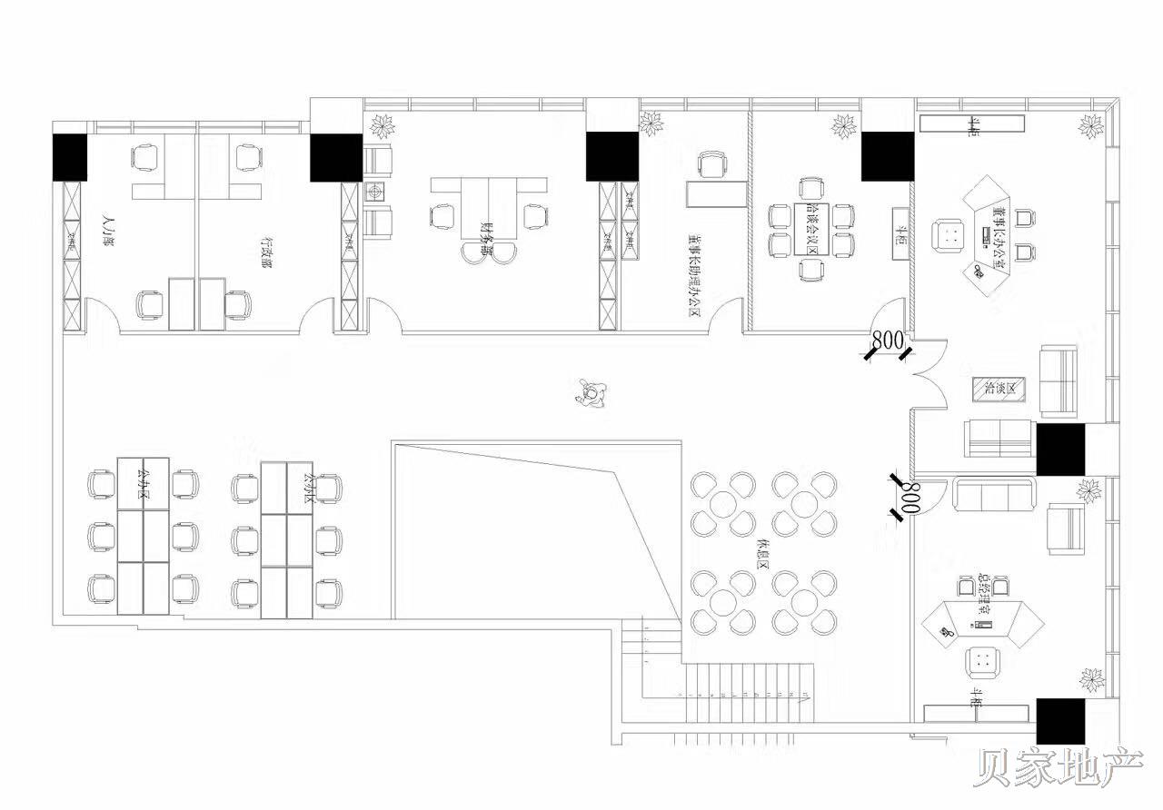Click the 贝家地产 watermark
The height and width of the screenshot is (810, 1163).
coord(1059,768)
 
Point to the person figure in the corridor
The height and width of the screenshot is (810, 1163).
coord(591,393)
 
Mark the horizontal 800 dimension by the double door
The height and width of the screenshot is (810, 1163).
coord(888,341)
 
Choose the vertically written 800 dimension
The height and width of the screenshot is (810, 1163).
coord(910,498)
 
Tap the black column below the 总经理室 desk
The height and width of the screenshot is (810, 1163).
coord(1060,721)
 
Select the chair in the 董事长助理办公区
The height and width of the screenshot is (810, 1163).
coord(713,166)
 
